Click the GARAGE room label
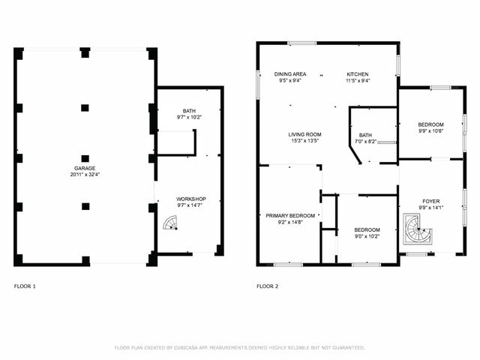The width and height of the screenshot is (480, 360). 84,168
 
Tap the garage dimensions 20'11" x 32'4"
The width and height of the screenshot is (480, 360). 84,175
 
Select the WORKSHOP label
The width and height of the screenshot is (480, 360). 190,199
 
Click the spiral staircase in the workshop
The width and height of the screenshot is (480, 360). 171,223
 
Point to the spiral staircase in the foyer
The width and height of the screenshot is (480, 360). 415,229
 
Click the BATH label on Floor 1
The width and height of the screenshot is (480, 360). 188,110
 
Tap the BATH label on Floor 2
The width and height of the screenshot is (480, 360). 365,135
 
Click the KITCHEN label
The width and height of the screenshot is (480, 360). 358,73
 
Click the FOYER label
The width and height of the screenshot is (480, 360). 430,202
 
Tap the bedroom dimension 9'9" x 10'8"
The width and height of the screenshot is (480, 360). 430,131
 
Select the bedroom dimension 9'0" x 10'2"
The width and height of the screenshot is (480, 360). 367,236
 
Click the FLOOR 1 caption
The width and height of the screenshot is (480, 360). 25,286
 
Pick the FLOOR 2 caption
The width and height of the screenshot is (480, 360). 267,286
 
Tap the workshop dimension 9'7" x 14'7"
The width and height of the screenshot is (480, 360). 190,205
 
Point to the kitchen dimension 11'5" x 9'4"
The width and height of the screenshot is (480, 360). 358,80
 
